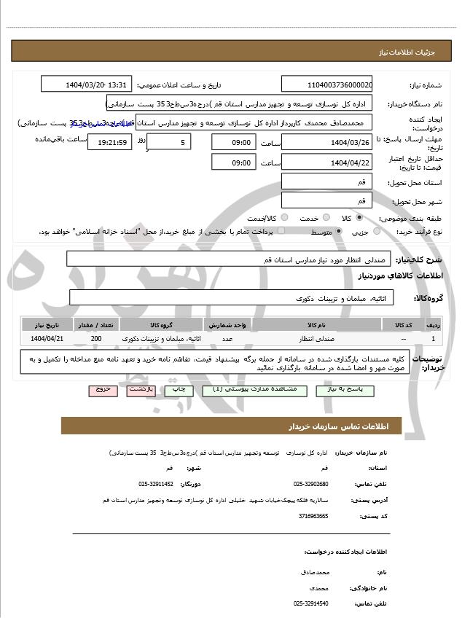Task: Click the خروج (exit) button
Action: [x=103, y=390]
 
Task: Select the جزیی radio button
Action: [x=376, y=231]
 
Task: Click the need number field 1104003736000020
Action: [x=326, y=85]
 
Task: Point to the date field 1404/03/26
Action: [x=326, y=142]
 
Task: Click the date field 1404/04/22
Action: [x=326, y=163]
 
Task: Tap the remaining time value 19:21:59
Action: [x=110, y=143]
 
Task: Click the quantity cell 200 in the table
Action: [x=96, y=339]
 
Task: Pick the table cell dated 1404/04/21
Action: [x=48, y=339]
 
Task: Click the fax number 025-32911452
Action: [x=156, y=484]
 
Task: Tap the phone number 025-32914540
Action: [x=311, y=604]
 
